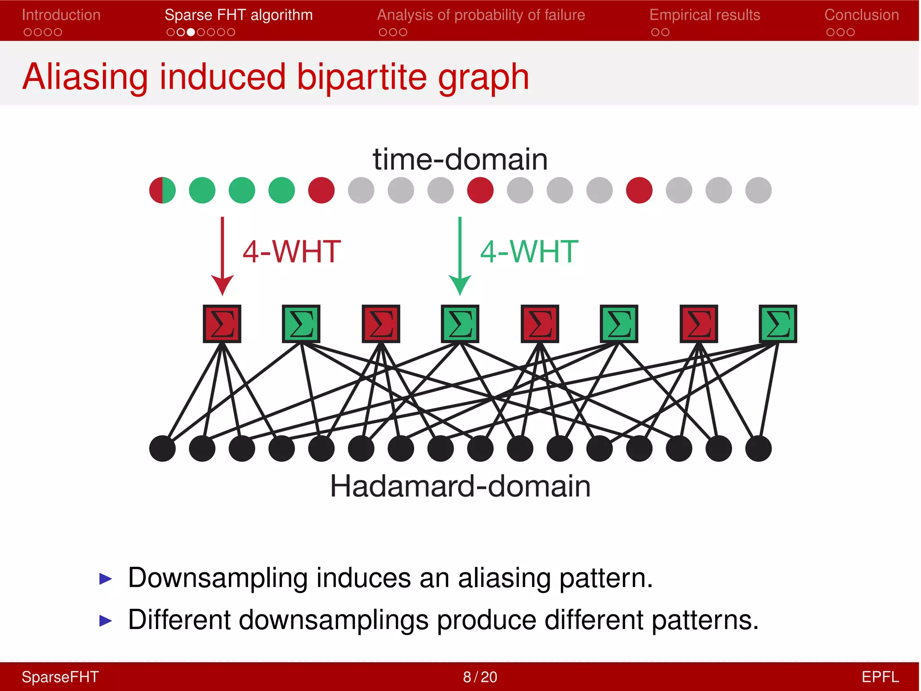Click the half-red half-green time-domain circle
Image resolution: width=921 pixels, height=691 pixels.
click(x=162, y=190)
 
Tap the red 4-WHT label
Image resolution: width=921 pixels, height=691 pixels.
click(x=291, y=251)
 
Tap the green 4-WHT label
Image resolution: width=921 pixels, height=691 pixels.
click(x=529, y=251)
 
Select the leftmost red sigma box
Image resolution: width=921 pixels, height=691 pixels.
click(x=222, y=324)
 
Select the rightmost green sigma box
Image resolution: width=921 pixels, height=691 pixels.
click(x=778, y=324)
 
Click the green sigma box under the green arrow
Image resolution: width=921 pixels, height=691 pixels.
click(x=460, y=324)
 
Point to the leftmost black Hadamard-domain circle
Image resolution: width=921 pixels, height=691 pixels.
click(x=162, y=449)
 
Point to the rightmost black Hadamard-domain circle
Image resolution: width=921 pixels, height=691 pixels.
click(x=758, y=449)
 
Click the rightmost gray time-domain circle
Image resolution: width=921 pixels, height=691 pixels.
click(x=758, y=190)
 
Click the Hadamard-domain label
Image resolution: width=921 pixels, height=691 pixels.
click(x=460, y=486)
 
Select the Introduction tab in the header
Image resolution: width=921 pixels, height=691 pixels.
click(x=61, y=15)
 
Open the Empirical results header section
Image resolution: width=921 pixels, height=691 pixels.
click(x=705, y=15)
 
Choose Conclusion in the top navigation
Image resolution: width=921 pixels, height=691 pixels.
click(x=861, y=15)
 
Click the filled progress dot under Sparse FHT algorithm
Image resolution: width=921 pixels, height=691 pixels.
click(x=191, y=32)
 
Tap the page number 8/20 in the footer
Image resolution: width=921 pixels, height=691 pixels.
click(x=480, y=677)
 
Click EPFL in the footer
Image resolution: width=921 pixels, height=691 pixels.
click(x=880, y=677)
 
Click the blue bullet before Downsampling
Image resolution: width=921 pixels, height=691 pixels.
click(x=105, y=579)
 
